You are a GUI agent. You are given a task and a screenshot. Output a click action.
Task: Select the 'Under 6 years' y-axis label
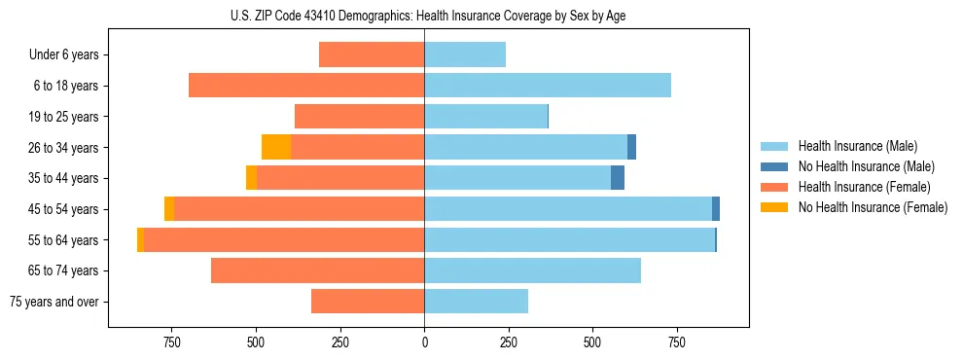tap(64, 54)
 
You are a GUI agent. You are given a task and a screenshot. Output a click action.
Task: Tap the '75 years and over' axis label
tap(54, 302)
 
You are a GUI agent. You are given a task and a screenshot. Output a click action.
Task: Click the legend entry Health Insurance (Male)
tap(857, 146)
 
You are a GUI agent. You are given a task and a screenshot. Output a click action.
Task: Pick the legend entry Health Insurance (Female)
tap(864, 187)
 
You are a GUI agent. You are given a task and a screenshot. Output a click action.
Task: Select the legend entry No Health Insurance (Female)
tap(873, 207)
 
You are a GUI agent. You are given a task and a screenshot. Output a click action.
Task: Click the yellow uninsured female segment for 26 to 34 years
tap(276, 147)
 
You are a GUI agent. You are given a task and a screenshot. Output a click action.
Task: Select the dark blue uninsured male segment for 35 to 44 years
tap(618, 178)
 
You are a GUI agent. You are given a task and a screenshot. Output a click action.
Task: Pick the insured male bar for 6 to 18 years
tap(548, 86)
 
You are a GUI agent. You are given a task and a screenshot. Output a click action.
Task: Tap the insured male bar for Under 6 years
tap(465, 54)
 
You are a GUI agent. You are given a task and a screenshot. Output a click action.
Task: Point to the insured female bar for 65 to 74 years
tap(317, 270)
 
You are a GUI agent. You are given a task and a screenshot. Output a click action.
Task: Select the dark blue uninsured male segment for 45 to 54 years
tap(716, 209)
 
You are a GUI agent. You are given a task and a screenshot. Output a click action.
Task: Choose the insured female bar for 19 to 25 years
tap(359, 117)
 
